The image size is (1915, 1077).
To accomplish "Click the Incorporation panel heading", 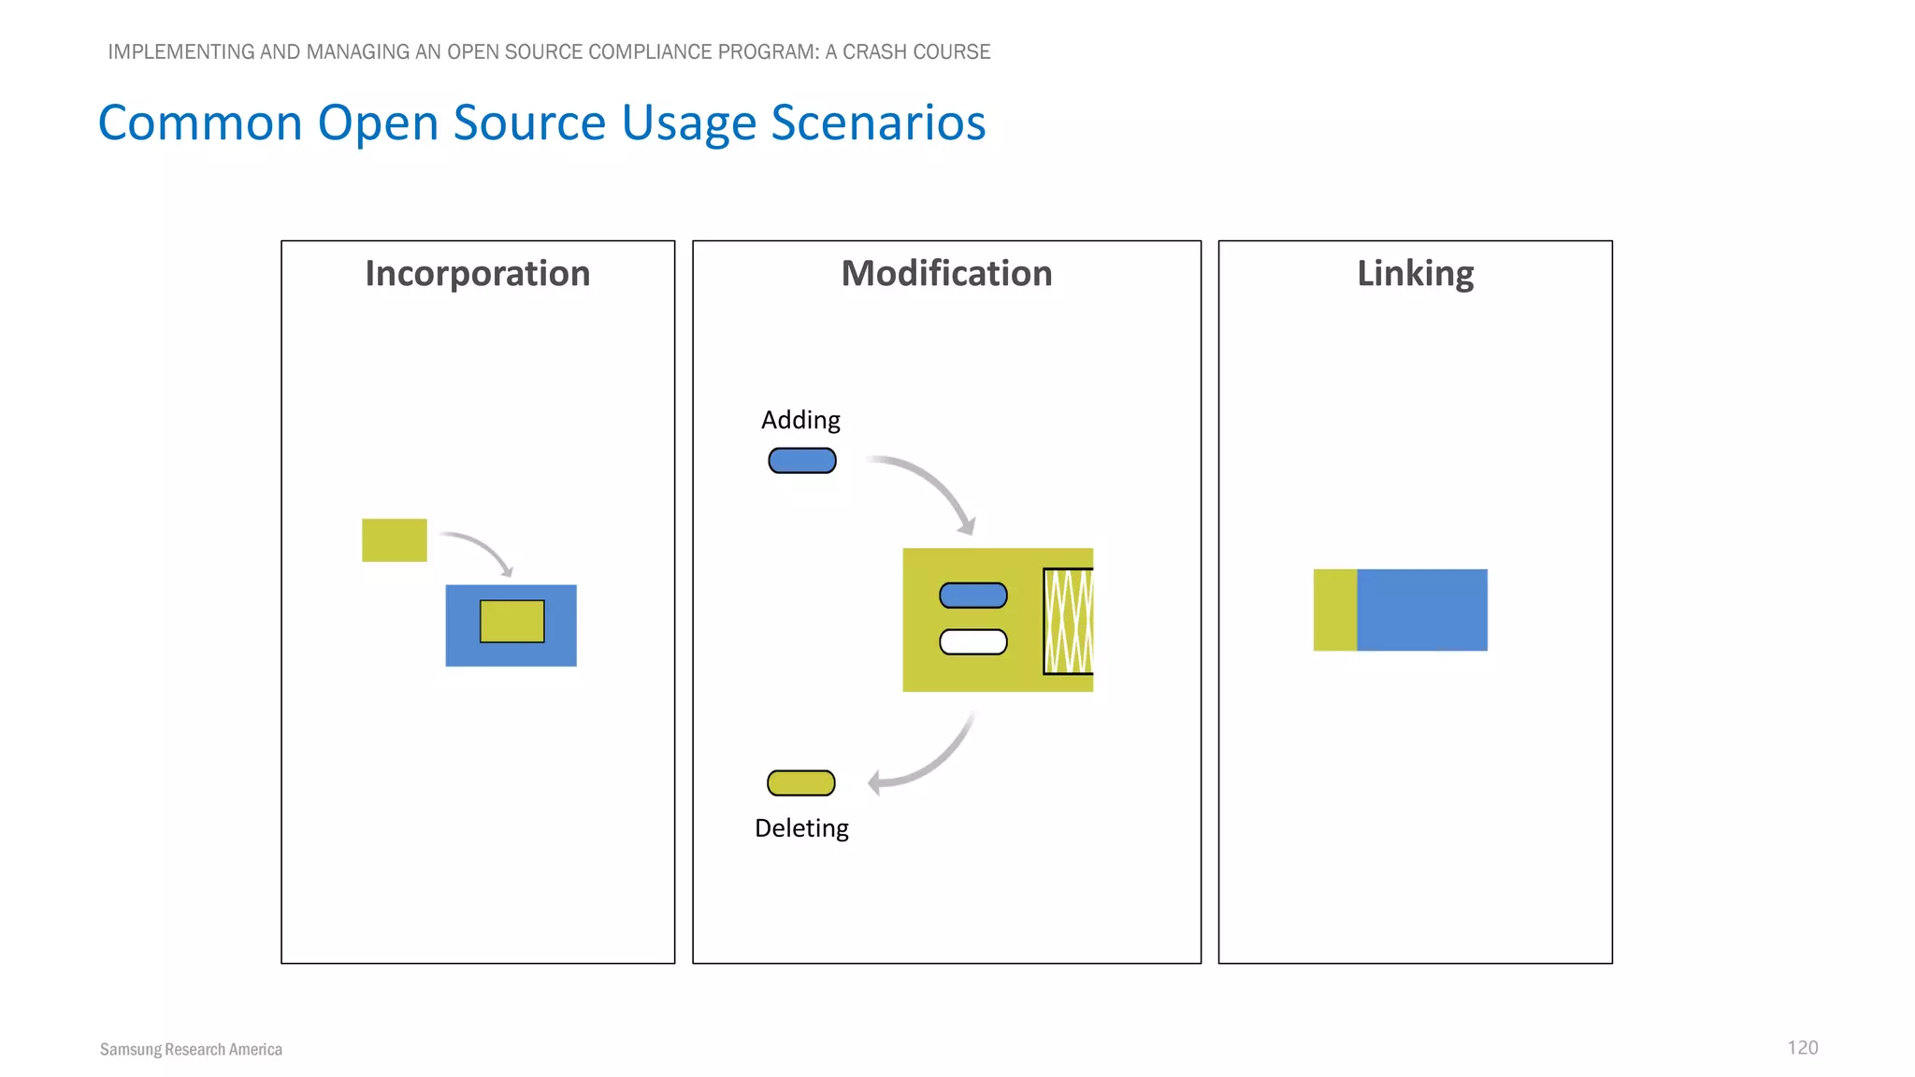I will pyautogui.click(x=477, y=274).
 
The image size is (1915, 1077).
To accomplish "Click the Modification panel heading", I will pyautogui.click(x=946, y=274).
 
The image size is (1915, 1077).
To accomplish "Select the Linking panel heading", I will pyautogui.click(x=1415, y=274).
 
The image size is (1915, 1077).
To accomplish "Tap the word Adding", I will pyautogui.click(x=800, y=420).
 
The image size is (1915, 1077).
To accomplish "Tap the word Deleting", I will pyautogui.click(x=801, y=828).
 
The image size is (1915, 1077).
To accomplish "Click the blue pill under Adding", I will pyautogui.click(x=802, y=461).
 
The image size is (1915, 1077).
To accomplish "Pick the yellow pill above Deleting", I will pyautogui.click(x=801, y=783).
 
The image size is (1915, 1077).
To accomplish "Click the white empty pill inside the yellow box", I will pyautogui.click(x=973, y=642).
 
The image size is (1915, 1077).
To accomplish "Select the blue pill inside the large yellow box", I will pyautogui.click(x=973, y=596).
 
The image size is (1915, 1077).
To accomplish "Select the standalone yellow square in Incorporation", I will pyautogui.click(x=395, y=540).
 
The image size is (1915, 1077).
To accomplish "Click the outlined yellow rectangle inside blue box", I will pyautogui.click(x=512, y=622).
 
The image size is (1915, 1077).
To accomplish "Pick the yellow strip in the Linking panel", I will pyautogui.click(x=1335, y=610).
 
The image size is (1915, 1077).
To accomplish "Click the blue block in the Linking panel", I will pyautogui.click(x=1421, y=610).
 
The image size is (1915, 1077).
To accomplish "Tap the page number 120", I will pyautogui.click(x=1802, y=1048).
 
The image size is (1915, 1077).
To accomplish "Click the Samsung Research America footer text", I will pyautogui.click(x=191, y=1050).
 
